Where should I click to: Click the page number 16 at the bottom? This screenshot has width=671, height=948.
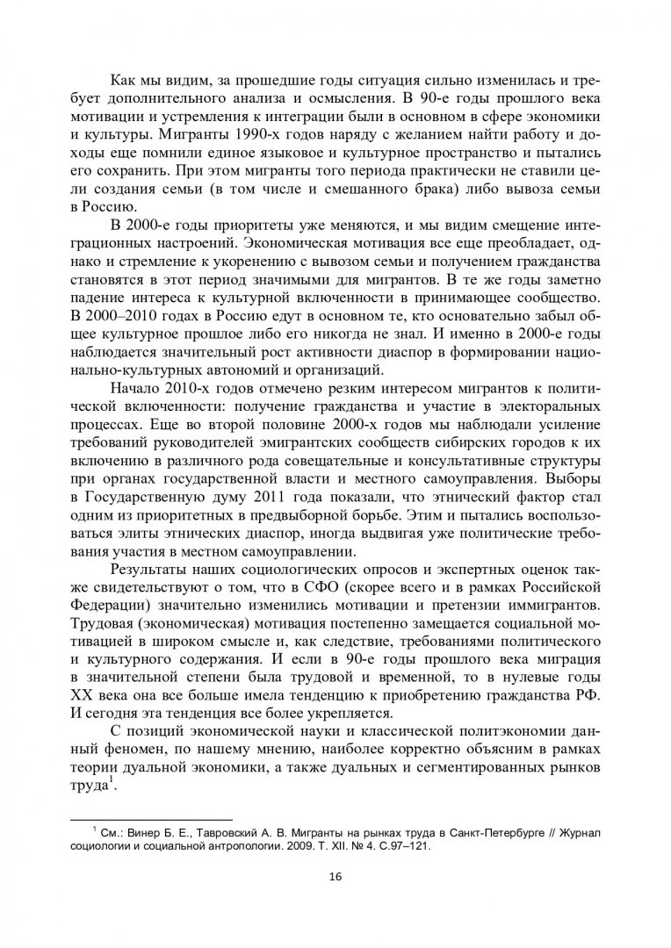[x=335, y=875]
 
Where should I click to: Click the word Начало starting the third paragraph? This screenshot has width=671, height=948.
[x=132, y=386]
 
